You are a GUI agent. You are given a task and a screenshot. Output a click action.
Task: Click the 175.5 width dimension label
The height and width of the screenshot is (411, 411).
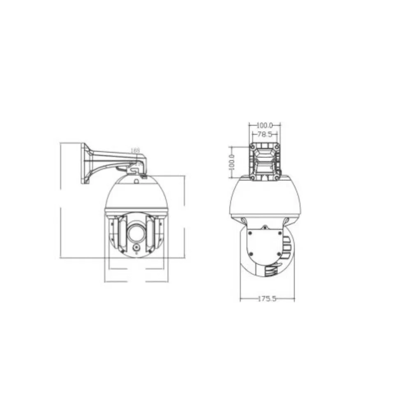pos(267,299)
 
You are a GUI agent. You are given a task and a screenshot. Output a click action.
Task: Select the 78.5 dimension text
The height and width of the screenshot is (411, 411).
pos(265,134)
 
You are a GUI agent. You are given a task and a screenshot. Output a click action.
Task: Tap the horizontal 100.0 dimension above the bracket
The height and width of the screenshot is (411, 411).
pos(265,125)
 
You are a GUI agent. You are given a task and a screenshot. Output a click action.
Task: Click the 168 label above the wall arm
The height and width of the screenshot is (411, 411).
pos(135,151)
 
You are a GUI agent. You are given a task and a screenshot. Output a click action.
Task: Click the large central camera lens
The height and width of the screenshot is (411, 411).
pos(136,233)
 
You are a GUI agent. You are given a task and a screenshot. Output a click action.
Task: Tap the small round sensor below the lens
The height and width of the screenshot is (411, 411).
pos(136,248)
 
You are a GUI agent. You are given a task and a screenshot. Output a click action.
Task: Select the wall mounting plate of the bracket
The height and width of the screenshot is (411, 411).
pos(85,163)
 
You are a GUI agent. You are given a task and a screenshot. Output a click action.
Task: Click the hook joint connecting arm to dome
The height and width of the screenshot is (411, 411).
pos(135,168)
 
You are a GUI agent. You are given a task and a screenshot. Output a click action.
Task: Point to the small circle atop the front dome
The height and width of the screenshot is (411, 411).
pos(136,181)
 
